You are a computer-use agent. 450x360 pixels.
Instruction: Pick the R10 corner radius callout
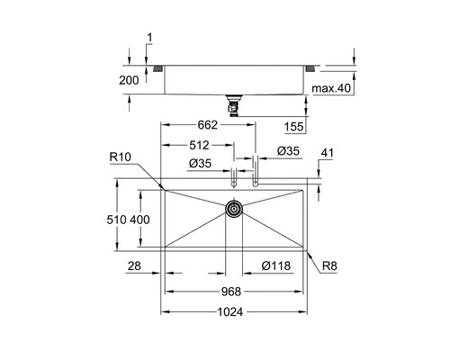click(x=121, y=157)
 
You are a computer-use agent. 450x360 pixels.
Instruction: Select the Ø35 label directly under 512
click(x=200, y=163)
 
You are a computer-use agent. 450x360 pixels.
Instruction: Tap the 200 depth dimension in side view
click(x=130, y=80)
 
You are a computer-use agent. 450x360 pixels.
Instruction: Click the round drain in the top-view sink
click(x=234, y=210)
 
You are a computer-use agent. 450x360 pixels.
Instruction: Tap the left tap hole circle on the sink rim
click(x=234, y=183)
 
